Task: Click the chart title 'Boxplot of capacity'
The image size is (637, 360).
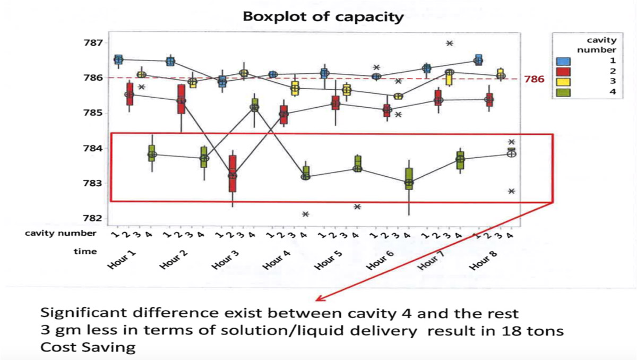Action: [x=323, y=16]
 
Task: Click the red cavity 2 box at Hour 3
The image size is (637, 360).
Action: [x=233, y=173]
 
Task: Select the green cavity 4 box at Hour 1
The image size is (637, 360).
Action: [x=152, y=152]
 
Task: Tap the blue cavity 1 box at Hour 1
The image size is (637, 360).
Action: [x=118, y=59]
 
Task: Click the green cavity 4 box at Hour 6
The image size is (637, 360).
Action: [x=409, y=178]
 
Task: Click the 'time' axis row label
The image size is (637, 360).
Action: [x=85, y=251]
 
